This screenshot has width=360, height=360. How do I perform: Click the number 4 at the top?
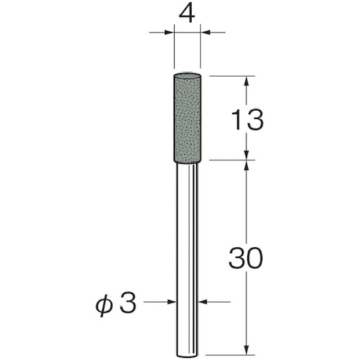[x=187, y=14]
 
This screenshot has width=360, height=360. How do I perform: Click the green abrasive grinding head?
[x=187, y=118]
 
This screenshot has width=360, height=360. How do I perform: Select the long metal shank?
[x=187, y=257]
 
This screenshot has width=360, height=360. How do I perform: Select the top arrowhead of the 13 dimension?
[x=247, y=81]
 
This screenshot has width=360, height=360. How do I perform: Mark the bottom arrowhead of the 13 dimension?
[x=247, y=155]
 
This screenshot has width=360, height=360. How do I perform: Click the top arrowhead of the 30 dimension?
[x=247, y=165]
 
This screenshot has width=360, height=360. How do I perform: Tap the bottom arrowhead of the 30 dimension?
[x=247, y=350]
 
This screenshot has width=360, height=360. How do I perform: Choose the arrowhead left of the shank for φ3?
[x=171, y=302]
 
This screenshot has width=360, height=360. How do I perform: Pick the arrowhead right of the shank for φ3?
[x=203, y=302]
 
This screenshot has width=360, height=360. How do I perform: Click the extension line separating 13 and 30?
[x=231, y=160]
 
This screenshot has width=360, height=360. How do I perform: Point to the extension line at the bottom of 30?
[x=231, y=354]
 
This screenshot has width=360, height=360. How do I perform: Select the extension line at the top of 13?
[x=231, y=76]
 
